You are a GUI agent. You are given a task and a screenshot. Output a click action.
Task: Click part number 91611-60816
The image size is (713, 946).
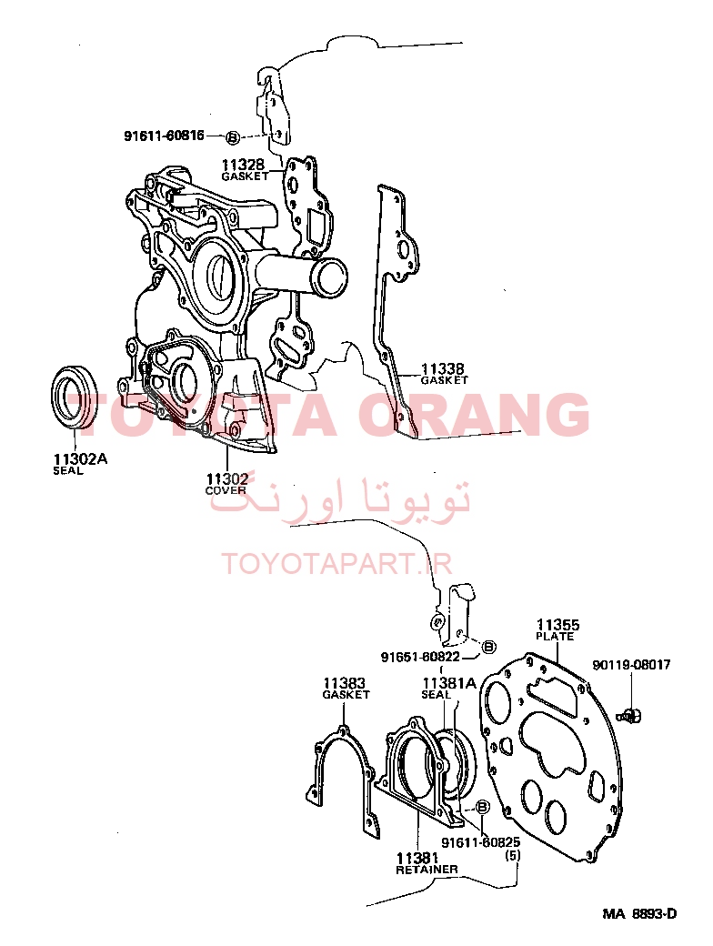[x=164, y=136]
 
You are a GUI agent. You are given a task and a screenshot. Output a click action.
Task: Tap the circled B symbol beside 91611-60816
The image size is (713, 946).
[x=232, y=137]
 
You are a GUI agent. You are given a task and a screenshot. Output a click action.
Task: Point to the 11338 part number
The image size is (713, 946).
[x=443, y=368]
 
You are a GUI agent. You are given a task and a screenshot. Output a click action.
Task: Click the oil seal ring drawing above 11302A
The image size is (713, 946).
[x=75, y=396]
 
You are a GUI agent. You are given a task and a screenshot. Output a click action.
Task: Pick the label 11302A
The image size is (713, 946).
[x=80, y=459]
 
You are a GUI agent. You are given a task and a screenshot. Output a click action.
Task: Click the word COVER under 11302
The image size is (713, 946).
[x=226, y=490]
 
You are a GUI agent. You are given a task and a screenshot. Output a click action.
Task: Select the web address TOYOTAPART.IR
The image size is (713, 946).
[x=337, y=563]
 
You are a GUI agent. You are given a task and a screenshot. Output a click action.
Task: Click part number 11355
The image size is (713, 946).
[x=558, y=624]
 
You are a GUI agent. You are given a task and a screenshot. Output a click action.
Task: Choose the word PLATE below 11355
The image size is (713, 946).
[x=555, y=637]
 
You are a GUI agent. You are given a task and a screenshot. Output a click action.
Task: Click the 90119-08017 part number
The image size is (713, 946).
[x=631, y=665]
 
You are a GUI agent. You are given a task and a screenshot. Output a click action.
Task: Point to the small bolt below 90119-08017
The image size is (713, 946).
[x=629, y=716]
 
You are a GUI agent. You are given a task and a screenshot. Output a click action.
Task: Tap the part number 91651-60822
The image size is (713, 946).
[x=420, y=657]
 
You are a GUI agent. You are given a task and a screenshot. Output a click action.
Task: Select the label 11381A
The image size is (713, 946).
[x=449, y=683]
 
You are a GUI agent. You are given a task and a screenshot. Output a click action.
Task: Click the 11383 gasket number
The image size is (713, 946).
[x=345, y=683]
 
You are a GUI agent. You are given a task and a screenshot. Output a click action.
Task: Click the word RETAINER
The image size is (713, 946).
[x=427, y=870]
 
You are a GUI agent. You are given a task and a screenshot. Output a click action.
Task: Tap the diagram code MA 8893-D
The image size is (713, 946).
[x=639, y=913]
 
